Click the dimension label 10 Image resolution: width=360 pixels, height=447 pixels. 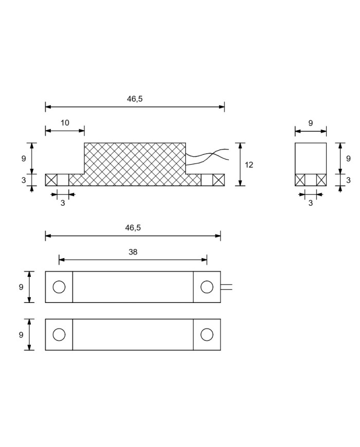tap(65, 123)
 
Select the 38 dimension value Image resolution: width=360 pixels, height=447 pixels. tap(133, 252)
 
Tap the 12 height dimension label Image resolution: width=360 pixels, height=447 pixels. tap(249, 165)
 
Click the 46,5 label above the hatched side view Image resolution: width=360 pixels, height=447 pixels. tap(135, 99)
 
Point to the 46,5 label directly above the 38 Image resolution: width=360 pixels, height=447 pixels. tap(133, 228)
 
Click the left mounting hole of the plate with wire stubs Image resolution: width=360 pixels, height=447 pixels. tap(59, 287)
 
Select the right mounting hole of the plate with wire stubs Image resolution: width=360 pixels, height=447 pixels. tap(207, 287)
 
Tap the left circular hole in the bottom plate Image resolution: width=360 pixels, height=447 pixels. tap(59, 334)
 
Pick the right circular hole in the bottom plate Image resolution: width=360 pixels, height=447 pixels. tap(207, 334)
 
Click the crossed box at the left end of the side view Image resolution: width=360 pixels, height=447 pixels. tap(51, 180)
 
